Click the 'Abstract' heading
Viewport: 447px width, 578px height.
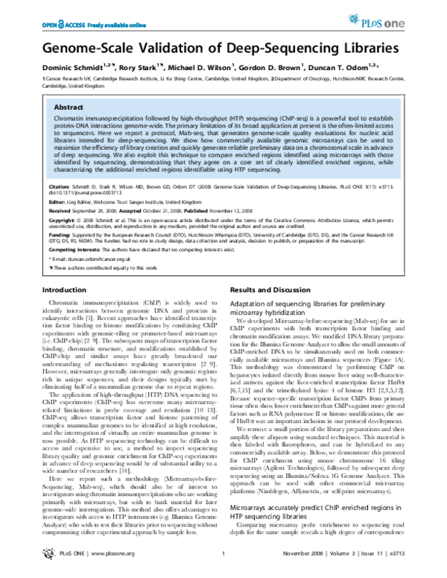(66, 107)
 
